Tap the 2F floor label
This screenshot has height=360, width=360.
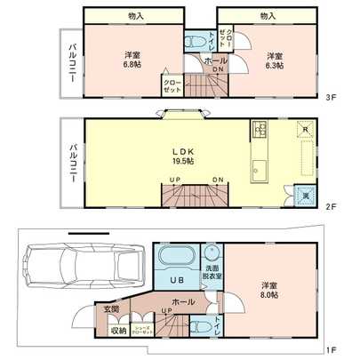pos(330,206)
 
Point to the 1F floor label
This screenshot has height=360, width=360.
pos(330,348)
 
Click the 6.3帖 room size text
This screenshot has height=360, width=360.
pos(275,63)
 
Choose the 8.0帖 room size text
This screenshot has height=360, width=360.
pos(269,293)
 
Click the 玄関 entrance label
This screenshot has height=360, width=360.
pos(113,309)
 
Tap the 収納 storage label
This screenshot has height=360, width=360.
pos(118,330)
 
